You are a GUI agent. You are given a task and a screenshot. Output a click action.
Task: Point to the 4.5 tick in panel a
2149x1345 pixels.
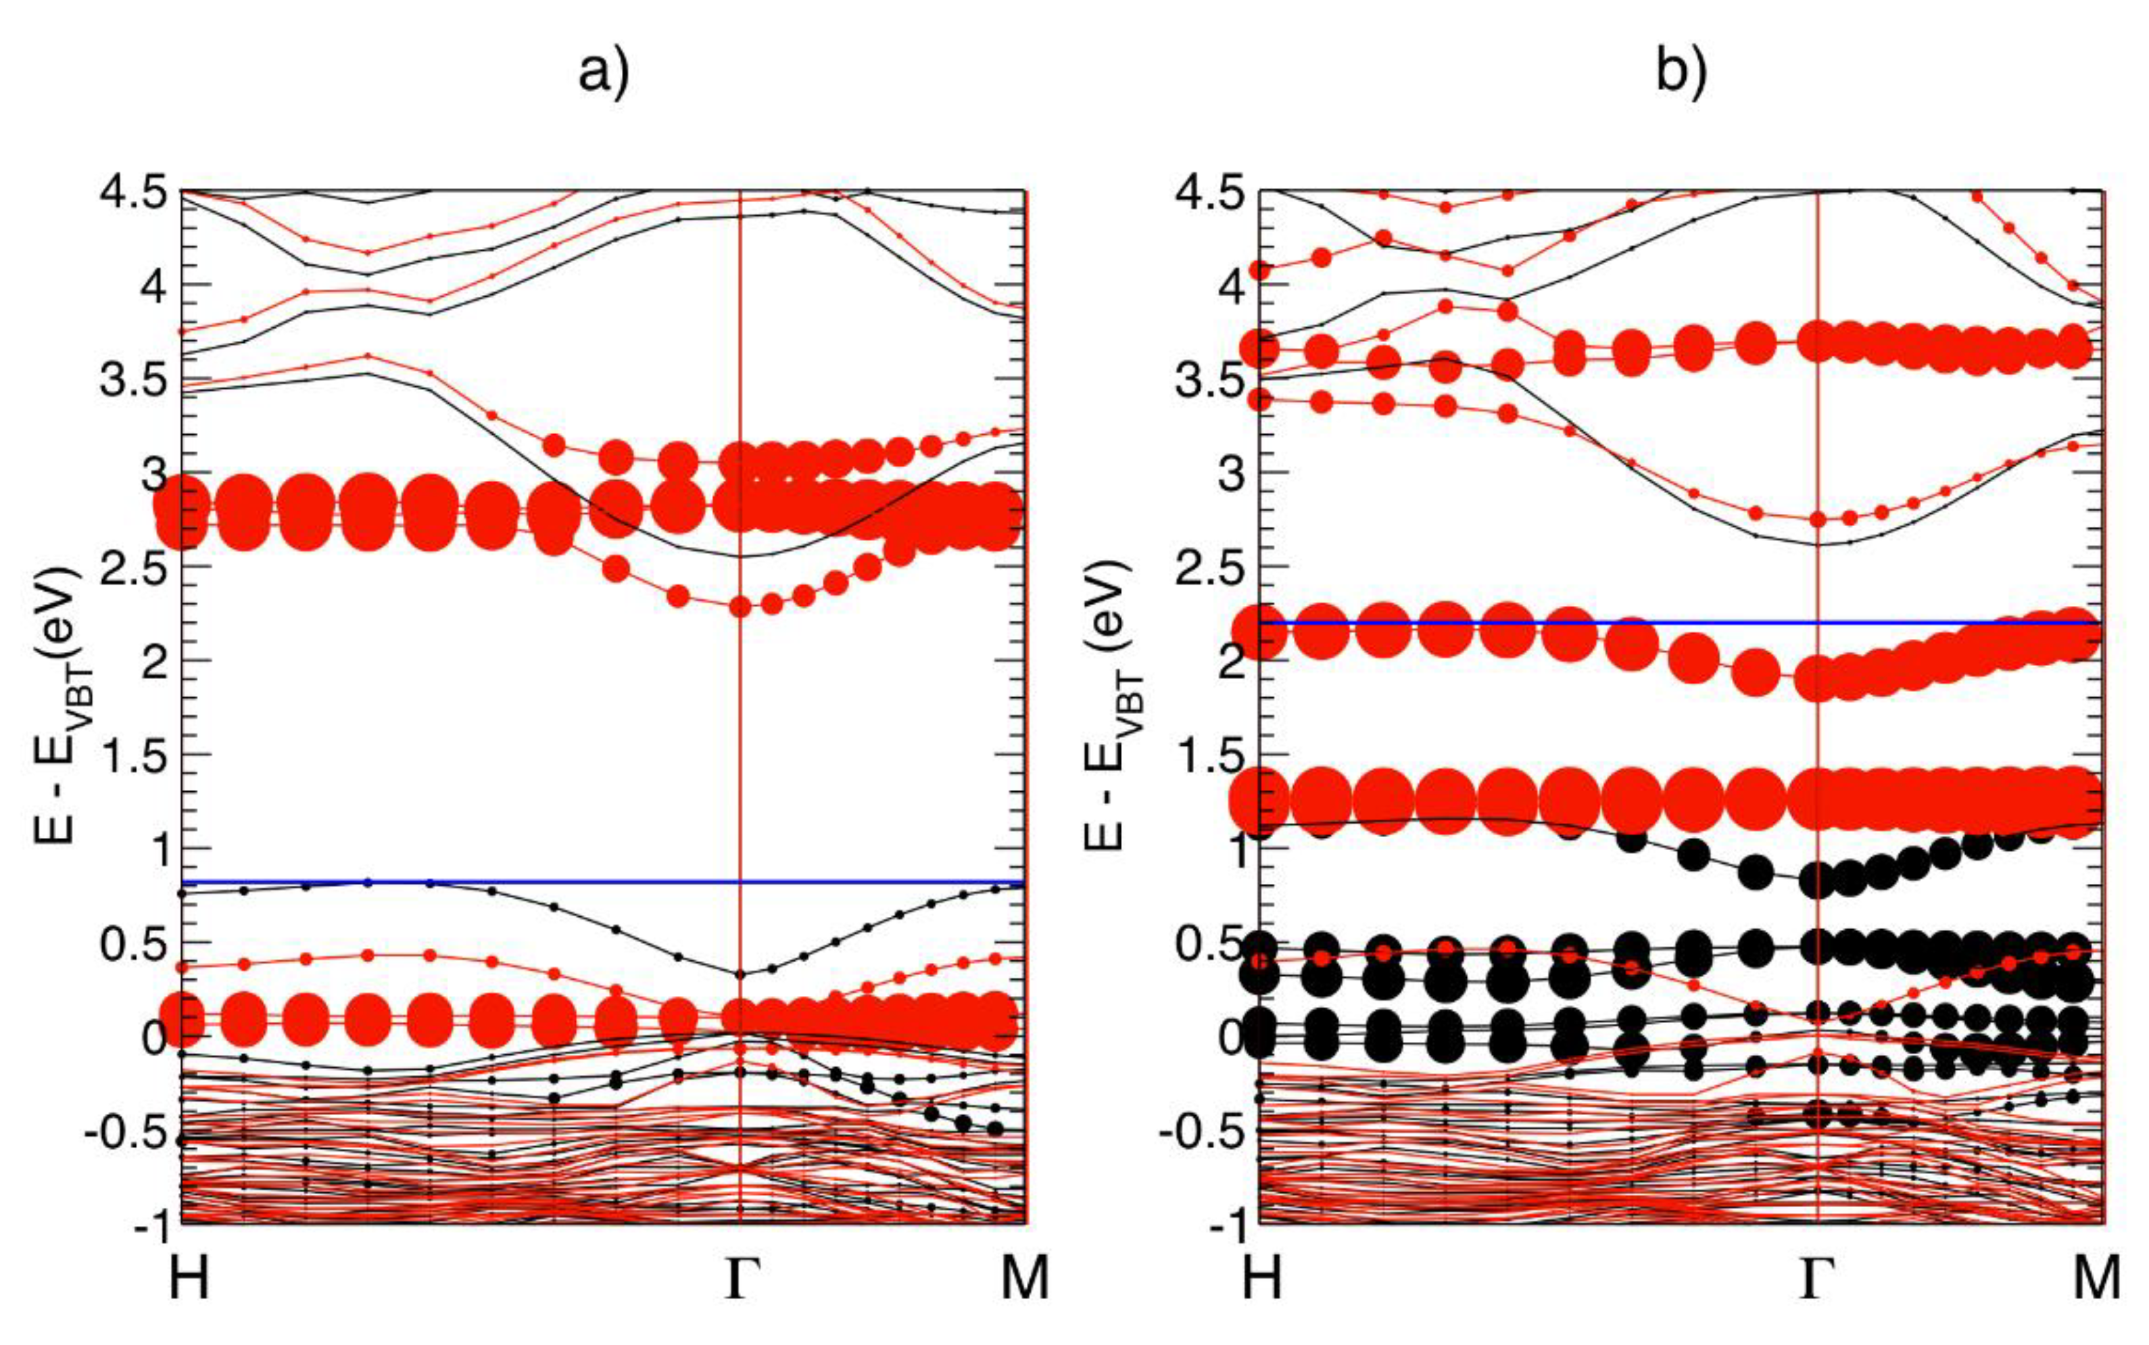click(x=138, y=192)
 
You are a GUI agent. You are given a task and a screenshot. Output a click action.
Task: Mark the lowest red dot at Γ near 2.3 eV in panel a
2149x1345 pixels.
click(x=740, y=607)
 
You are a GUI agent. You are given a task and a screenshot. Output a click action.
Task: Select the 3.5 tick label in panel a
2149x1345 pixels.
click(x=138, y=381)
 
